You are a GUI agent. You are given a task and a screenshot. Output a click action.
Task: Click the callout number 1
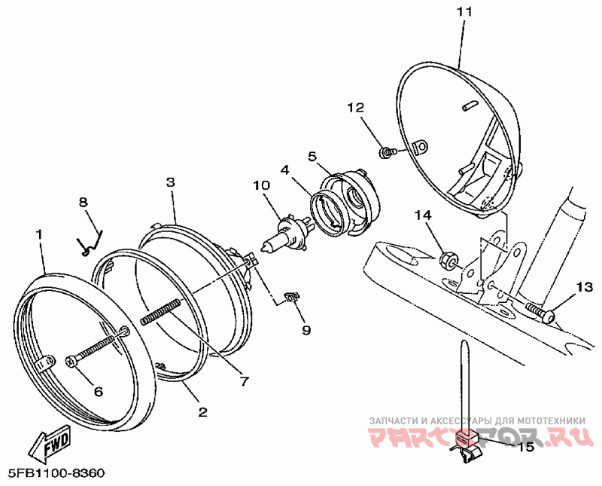tap(39, 235)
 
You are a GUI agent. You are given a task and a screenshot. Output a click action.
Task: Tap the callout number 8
tap(84, 202)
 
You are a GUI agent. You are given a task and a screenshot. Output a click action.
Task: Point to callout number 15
tap(526, 447)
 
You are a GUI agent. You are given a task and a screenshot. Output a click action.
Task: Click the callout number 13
tap(585, 286)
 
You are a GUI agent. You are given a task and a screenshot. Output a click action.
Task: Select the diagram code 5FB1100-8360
tap(56, 474)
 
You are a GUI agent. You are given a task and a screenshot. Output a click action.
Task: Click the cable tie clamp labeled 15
tap(467, 445)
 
